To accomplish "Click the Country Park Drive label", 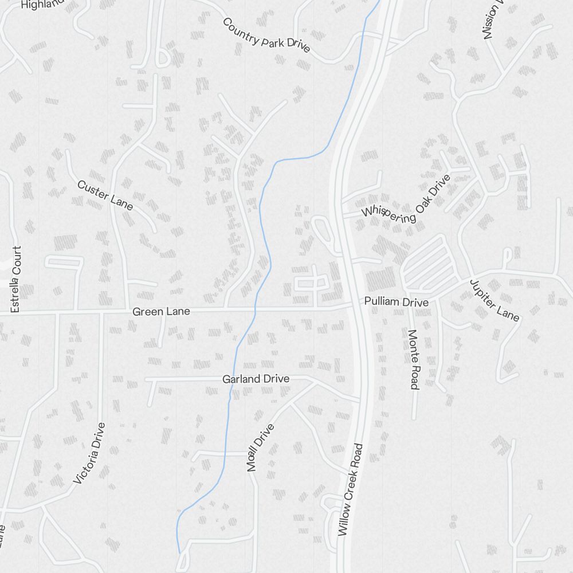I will pos(266,35).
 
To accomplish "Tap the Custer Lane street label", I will pos(105,195).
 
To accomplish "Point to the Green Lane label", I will pos(160,312).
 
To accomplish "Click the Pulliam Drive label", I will pos(396,302).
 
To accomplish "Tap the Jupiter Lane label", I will pos(494,300).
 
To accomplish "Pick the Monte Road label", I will pos(413,359).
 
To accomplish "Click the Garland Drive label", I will pos(256,379).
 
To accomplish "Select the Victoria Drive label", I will pos(90,453).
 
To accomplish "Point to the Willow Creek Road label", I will pos(351,489).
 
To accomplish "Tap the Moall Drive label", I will pos(261,448).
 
